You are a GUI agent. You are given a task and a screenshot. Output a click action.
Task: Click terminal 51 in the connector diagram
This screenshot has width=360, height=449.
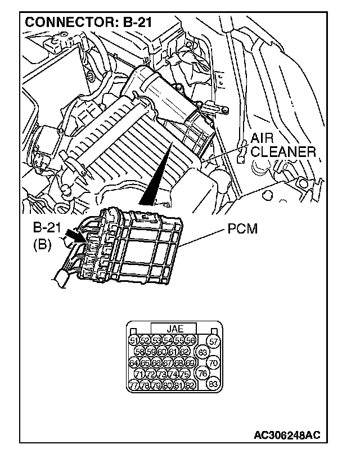coord(133,340)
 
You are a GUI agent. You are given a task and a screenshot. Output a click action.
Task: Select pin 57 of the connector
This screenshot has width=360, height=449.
coord(213,341)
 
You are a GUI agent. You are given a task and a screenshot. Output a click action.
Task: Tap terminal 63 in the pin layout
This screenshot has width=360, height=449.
coord(204,352)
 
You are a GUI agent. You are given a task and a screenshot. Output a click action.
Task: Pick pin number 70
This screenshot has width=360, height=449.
coord(213,363)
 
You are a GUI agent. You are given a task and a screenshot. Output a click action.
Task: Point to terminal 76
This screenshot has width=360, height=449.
coord(204,374)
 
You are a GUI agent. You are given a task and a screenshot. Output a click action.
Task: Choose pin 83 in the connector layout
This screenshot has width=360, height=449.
coord(213,384)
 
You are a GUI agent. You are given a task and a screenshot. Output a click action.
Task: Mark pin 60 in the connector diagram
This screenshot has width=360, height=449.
coord(161,352)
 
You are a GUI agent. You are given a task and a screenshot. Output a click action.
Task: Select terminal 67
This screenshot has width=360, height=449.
coord(167,363)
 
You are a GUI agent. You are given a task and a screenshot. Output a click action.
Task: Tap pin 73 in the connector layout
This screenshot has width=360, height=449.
coord(161,374)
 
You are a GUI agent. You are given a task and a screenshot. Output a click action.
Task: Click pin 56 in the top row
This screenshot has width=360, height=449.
coord(190,340)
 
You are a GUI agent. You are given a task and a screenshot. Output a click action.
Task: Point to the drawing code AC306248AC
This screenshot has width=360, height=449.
coord(287,435)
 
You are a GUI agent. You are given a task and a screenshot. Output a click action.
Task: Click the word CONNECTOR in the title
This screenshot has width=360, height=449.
coord(59,23)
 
